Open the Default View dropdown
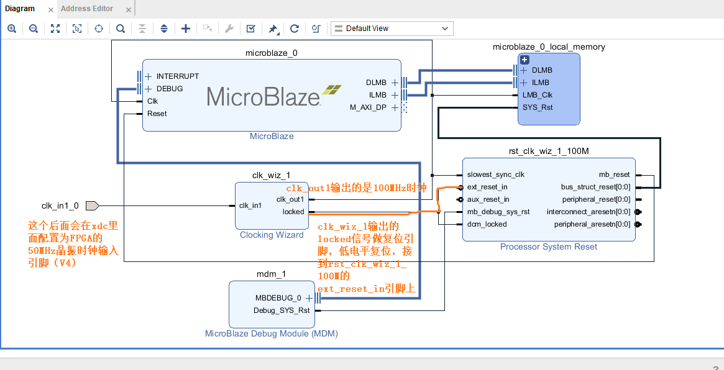point(392,29)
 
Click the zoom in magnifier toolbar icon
point(11,29)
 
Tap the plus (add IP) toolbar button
point(185,29)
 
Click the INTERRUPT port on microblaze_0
point(177,76)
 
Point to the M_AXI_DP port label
point(368,107)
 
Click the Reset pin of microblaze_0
point(157,114)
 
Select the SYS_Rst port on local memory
point(538,107)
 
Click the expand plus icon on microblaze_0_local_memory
point(524,60)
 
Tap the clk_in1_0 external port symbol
point(91,205)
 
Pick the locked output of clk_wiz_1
point(293,212)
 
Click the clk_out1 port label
point(290,199)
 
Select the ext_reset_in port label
point(487,187)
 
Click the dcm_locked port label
point(487,224)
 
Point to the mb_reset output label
point(614,174)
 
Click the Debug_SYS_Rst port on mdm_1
point(282,310)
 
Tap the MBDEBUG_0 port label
point(278,298)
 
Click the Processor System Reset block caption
point(548,247)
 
